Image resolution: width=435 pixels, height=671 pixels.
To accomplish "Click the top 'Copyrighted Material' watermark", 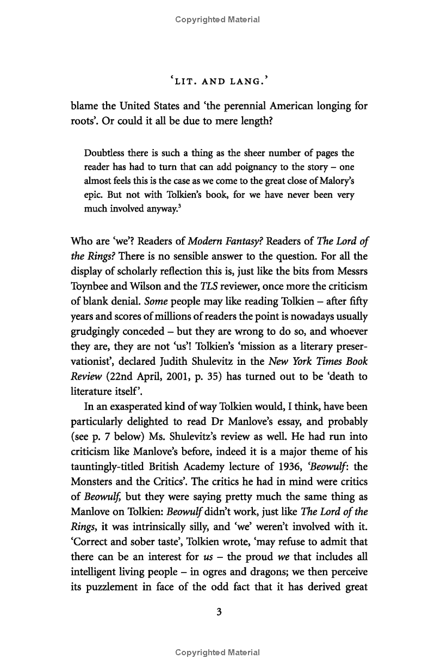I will tap(217, 20).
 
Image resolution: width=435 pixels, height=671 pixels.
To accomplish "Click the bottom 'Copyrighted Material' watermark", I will tap(217, 653).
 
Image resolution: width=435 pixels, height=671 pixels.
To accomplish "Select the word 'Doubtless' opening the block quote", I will tap(101, 153).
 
